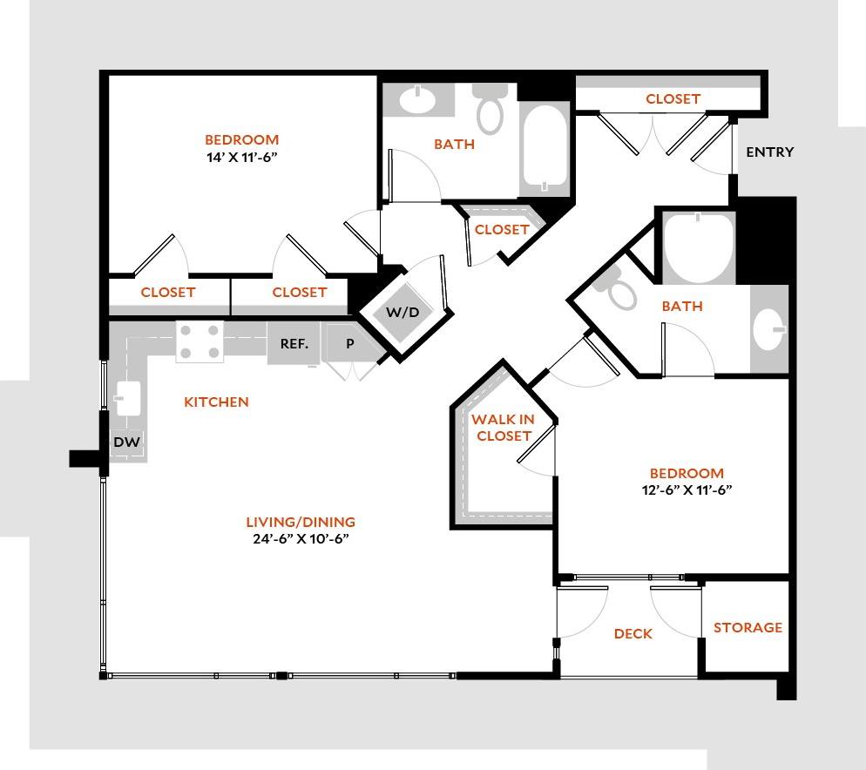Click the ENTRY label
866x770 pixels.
pos(770,152)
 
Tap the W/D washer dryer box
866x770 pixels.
pos(402,313)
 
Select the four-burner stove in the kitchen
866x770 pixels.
pos(199,341)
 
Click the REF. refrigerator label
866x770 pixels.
pos(294,343)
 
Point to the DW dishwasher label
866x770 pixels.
pos(125,443)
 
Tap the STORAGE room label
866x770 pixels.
pos(748,627)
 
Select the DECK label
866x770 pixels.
pos(633,634)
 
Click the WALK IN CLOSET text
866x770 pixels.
pos(503,428)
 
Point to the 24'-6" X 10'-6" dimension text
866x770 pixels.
pos(301,538)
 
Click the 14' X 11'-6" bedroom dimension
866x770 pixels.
pos(241,157)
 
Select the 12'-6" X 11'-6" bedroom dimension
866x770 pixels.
pos(685,490)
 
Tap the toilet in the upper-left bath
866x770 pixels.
pos(491,111)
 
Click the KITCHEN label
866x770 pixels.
pos(216,402)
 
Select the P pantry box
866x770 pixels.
pos(350,343)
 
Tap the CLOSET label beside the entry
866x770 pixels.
pos(673,99)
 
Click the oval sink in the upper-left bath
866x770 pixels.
pos(417,101)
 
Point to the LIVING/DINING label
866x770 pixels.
pos(301,523)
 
